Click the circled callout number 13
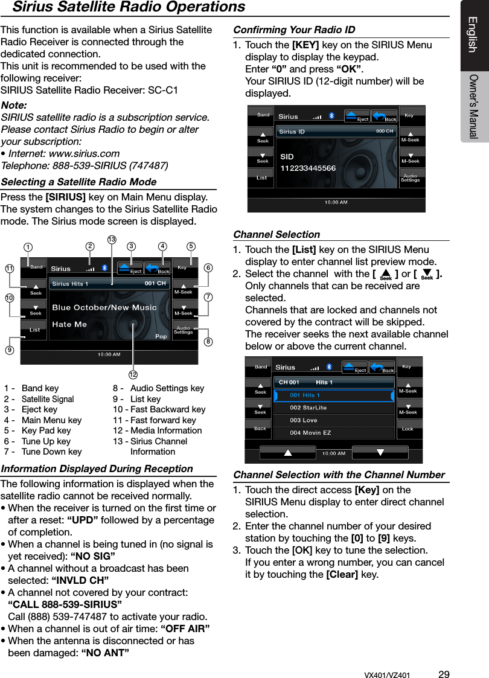pyautogui.click(x=112, y=240)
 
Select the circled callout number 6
pyautogui.click(x=208, y=267)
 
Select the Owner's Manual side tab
pyautogui.click(x=474, y=106)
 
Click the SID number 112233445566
pyautogui.click(x=308, y=168)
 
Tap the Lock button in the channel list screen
pyautogui.click(x=407, y=429)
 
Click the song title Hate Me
pyautogui.click(x=69, y=324)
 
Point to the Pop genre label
pyautogui.click(x=161, y=336)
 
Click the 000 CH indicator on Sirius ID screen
pyautogui.click(x=385, y=131)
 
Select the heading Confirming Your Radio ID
pyautogui.click(x=294, y=30)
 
